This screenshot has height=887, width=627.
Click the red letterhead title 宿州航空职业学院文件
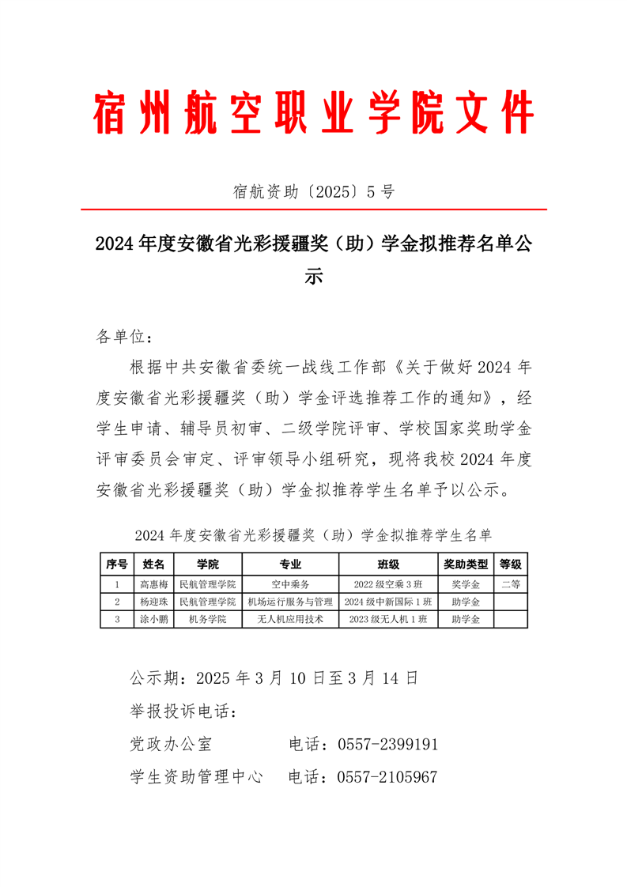pos(314,113)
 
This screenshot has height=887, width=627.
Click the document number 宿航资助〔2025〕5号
pos(314,191)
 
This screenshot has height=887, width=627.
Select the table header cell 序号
pos(117,564)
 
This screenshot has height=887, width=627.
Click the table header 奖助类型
pos(466,564)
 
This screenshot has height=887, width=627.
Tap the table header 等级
pos(511,564)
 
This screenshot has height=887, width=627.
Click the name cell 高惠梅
pos(154,585)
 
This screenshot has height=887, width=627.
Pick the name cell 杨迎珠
pos(154,602)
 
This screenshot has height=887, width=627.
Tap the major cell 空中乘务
pos(290,585)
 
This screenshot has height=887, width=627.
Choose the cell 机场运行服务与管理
pos(290,602)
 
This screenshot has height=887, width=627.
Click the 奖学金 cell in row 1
pos(466,585)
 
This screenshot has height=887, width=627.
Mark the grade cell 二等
pos(511,585)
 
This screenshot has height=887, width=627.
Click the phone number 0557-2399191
pos(387,745)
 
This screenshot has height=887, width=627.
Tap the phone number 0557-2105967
pos(387,777)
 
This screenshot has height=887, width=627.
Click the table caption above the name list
pos(314,535)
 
